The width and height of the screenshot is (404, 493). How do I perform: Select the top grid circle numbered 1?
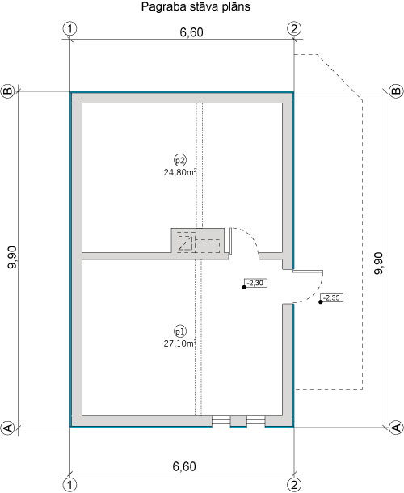[x=70, y=29]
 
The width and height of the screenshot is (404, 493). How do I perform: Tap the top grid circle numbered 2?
[x=293, y=29]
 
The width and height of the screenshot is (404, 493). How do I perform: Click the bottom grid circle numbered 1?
[x=70, y=484]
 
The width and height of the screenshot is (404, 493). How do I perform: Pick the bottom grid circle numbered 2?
[x=293, y=484]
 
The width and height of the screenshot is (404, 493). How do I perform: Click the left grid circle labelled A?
[x=8, y=427]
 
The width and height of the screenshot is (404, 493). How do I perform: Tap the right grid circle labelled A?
[x=395, y=427]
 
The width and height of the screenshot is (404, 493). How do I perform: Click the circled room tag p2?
[x=179, y=159]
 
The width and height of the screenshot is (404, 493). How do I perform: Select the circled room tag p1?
[x=179, y=331]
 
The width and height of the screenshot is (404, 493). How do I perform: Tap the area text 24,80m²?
[x=180, y=171]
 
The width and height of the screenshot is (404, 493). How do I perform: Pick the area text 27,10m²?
[x=180, y=343]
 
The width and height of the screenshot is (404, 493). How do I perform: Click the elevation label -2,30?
[x=255, y=284]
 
